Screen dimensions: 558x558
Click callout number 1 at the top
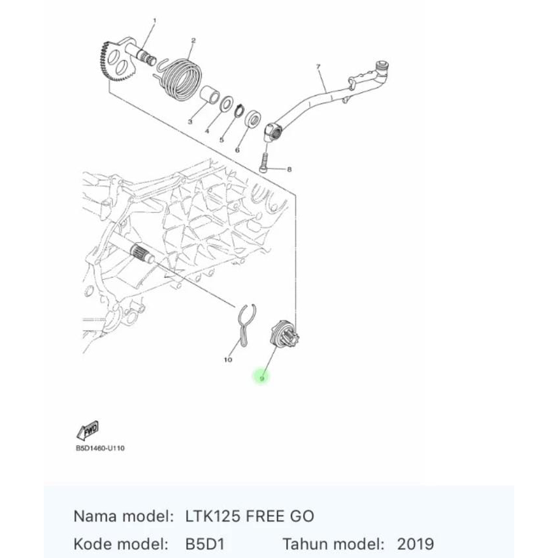pos(154,21)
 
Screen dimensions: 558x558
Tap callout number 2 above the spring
pos(193,41)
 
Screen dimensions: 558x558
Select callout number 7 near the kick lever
pos(318,67)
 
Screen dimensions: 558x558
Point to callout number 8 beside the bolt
pos(289,169)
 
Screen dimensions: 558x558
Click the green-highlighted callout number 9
pos(261,378)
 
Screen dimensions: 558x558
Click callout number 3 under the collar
pos(190,122)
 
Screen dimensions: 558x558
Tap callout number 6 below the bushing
pos(237,149)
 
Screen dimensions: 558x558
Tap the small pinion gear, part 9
pos(286,332)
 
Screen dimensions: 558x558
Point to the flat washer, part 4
pos(227,103)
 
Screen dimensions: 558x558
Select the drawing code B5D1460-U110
pos(99,449)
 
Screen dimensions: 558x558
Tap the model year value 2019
pos(415,544)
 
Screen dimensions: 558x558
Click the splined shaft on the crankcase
pos(142,254)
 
